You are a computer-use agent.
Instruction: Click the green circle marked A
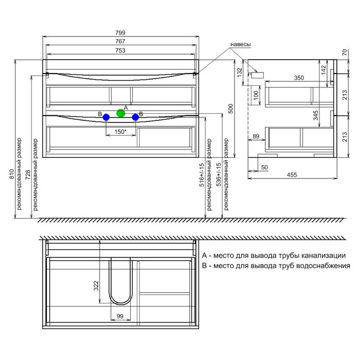pos(121,113)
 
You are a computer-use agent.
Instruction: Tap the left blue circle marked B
pos(106,117)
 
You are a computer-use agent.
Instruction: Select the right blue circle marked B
pos(135,117)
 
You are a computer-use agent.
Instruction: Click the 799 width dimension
pos(120,33)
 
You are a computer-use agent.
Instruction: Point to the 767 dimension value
pos(120,41)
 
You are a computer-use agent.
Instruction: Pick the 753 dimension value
pos(120,50)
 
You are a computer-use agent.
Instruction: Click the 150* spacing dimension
pos(120,132)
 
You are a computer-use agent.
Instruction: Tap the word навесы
pos(241,44)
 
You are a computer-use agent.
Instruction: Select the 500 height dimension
pos(231,109)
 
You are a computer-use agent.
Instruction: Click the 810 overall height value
pos(11,174)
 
